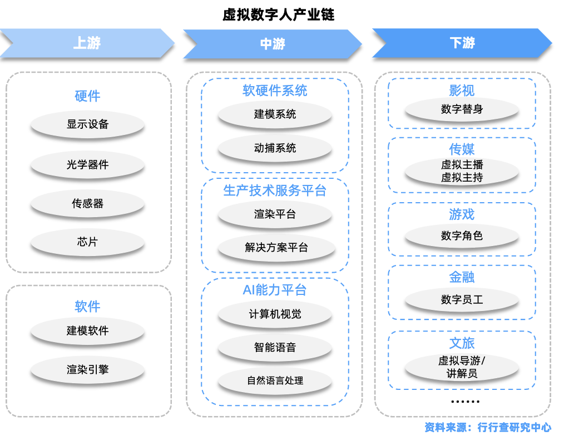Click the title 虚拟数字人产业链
pyautogui.click(x=279, y=14)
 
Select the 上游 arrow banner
pyautogui.click(x=87, y=43)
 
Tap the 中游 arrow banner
pyautogui.click(x=273, y=43)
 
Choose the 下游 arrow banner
pyautogui.click(x=462, y=43)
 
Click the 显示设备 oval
pyautogui.click(x=87, y=124)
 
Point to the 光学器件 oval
pyautogui.click(x=87, y=164)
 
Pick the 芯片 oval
pyautogui.click(x=87, y=242)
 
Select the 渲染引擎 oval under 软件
pyautogui.click(x=87, y=369)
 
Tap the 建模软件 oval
pyautogui.click(x=87, y=331)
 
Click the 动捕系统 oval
pyautogui.click(x=275, y=148)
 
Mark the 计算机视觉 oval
pyautogui.click(x=275, y=314)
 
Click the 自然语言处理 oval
pyautogui.click(x=275, y=381)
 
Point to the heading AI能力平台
pyautogui.click(x=275, y=290)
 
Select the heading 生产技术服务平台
pyautogui.click(x=275, y=191)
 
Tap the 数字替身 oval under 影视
pyautogui.click(x=462, y=109)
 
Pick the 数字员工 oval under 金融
pyautogui.click(x=462, y=300)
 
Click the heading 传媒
pyautogui.click(x=462, y=149)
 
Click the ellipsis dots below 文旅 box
pyautogui.click(x=465, y=401)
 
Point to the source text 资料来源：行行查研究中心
pyautogui.click(x=487, y=428)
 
